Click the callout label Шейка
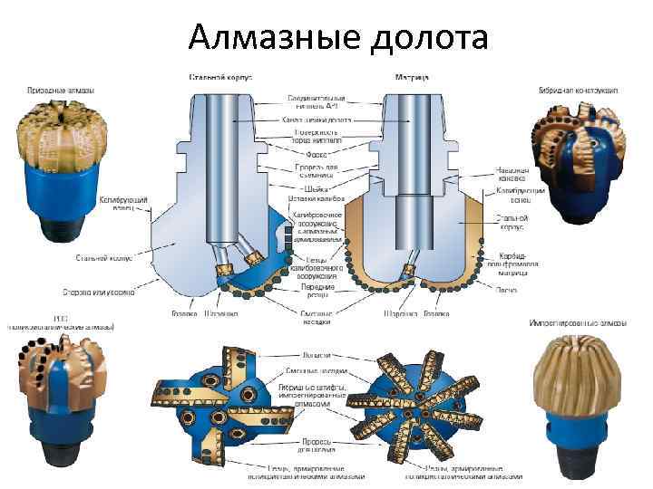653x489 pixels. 298,187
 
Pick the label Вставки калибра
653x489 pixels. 312,198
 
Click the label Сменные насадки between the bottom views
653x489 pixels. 311,369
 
